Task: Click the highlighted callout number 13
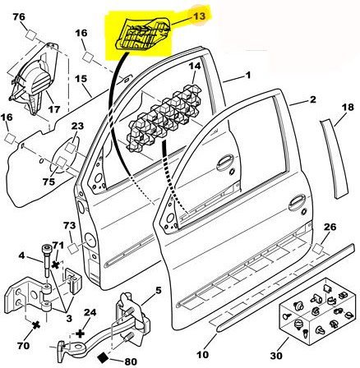pyautogui.click(x=199, y=16)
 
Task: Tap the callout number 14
pyautogui.click(x=195, y=67)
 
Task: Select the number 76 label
pyautogui.click(x=19, y=17)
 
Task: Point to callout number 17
pyautogui.click(x=54, y=109)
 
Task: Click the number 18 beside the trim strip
pyautogui.click(x=348, y=108)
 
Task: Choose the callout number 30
pyautogui.click(x=276, y=356)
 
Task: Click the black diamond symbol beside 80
pyautogui.click(x=104, y=357)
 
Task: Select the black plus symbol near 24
pyautogui.click(x=80, y=333)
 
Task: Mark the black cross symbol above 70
pyautogui.click(x=36, y=325)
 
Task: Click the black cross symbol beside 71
pyautogui.click(x=56, y=264)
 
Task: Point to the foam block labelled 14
pyautogui.click(x=164, y=118)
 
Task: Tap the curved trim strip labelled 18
pyautogui.click(x=335, y=159)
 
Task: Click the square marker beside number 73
pyautogui.click(x=74, y=248)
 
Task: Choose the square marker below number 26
pyautogui.click(x=318, y=249)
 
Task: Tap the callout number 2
pyautogui.click(x=313, y=99)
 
